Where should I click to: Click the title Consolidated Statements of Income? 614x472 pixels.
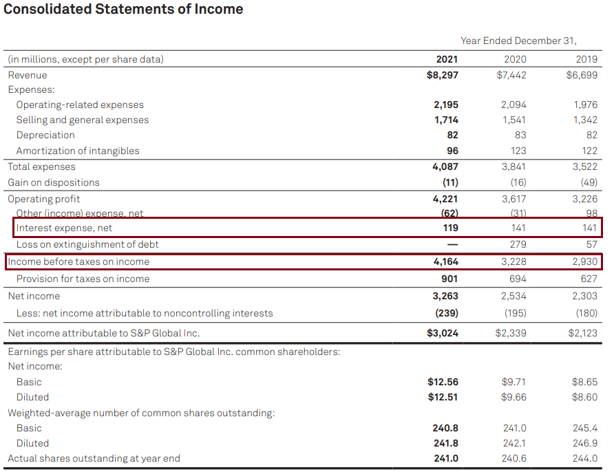point(124,10)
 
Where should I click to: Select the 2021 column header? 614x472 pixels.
point(447,59)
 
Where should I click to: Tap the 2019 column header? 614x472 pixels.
point(586,59)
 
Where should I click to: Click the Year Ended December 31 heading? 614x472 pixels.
point(518,41)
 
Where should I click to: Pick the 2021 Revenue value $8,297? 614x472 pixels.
point(443,75)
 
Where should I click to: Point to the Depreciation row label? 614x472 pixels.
point(45,136)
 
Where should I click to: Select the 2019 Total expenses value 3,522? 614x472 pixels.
point(585,167)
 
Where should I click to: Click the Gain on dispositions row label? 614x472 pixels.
point(54,183)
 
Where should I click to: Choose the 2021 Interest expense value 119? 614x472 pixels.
point(449,228)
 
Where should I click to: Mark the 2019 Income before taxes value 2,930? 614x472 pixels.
point(585,262)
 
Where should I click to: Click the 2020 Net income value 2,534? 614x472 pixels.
point(514,297)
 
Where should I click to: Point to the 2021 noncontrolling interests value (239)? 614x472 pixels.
point(446,314)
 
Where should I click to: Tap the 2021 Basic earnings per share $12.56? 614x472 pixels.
point(443,382)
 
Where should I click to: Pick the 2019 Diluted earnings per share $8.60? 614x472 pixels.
point(584,397)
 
